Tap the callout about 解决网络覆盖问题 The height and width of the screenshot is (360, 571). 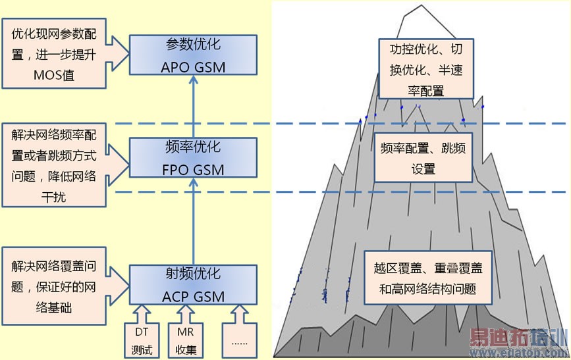click(x=53, y=286)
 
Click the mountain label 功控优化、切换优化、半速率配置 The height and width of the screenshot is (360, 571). click(x=425, y=68)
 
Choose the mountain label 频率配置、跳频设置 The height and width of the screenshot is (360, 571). click(x=423, y=158)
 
